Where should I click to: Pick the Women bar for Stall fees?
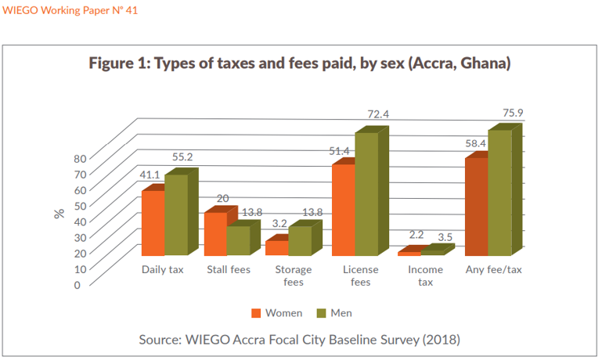[x=215, y=234]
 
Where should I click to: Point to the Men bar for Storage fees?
[x=300, y=241]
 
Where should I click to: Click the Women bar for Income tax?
[x=409, y=254]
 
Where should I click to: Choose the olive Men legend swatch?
[x=320, y=313]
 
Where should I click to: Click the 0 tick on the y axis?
[x=77, y=285]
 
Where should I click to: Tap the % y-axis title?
[x=59, y=213]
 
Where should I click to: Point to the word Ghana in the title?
[x=485, y=63]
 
